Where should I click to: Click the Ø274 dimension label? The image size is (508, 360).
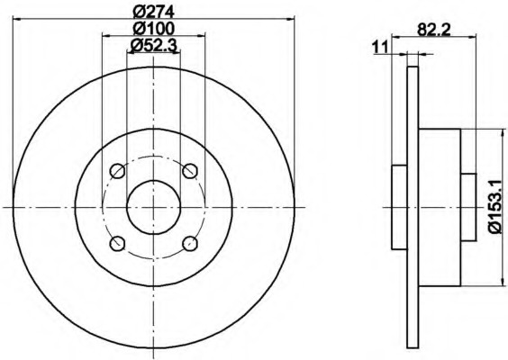pyautogui.click(x=154, y=12)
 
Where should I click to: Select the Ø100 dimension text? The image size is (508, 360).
pyautogui.click(x=154, y=29)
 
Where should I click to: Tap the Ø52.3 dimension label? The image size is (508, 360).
pyautogui.click(x=153, y=46)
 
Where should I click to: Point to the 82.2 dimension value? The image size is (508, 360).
pyautogui.click(x=434, y=30)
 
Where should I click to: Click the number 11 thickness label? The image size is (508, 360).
pyautogui.click(x=380, y=48)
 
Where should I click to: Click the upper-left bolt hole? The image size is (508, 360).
pyautogui.click(x=117, y=171)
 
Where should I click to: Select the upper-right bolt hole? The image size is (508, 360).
pyautogui.click(x=190, y=171)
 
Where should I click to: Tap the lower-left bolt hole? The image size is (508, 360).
pyautogui.click(x=117, y=244)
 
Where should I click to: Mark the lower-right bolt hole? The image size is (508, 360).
pyautogui.click(x=190, y=244)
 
